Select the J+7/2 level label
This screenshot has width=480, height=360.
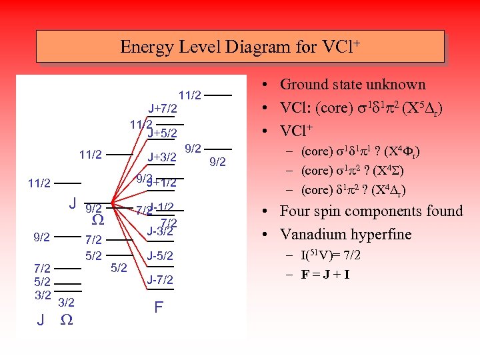click(x=162, y=108)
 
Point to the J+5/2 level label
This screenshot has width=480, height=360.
click(x=162, y=133)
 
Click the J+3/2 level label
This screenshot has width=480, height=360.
click(x=162, y=158)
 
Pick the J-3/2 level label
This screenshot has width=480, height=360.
click(x=161, y=231)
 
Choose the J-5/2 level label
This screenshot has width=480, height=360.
click(x=161, y=255)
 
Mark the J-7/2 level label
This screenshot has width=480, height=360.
click(x=161, y=279)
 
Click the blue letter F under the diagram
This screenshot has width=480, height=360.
click(x=159, y=307)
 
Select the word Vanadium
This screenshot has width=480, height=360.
click(x=313, y=235)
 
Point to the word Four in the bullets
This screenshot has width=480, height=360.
click(x=295, y=211)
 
